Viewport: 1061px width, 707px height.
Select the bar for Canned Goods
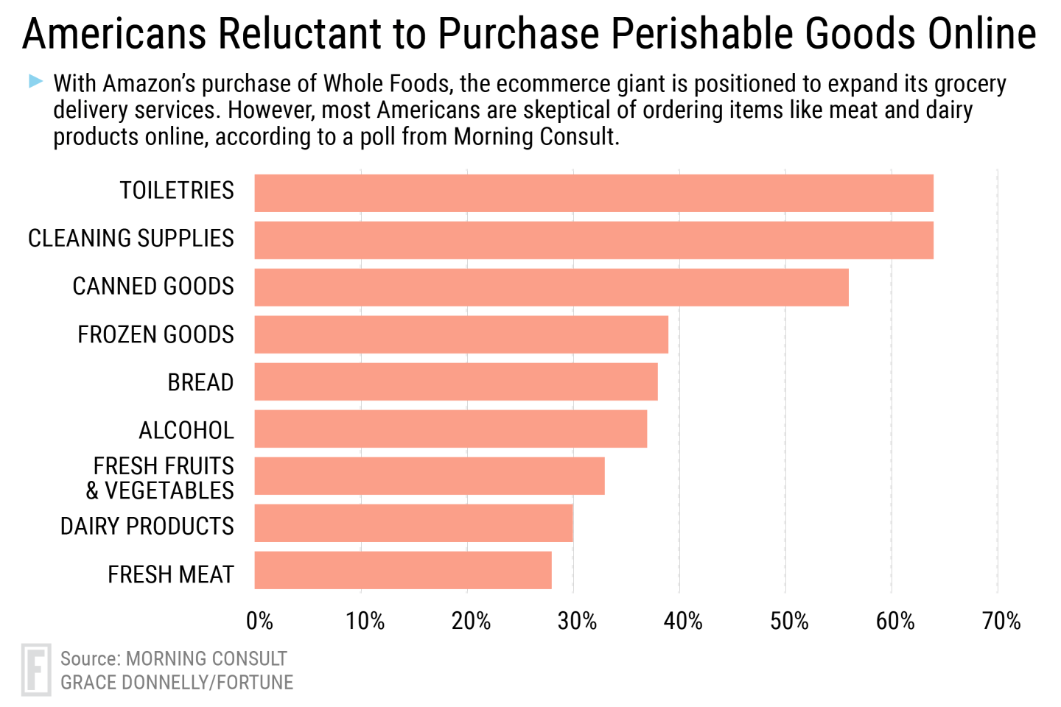point(551,287)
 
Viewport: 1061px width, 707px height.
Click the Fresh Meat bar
point(403,570)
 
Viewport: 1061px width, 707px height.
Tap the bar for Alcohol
point(451,429)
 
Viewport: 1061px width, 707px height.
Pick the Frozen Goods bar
point(461,334)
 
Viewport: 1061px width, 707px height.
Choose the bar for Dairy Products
point(413,523)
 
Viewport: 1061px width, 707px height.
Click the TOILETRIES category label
point(177,191)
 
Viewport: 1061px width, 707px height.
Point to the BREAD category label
point(200,383)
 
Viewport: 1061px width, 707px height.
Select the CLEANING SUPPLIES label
point(131,239)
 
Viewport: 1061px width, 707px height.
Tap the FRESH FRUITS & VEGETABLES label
point(161,478)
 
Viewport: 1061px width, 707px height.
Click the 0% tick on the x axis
point(259,622)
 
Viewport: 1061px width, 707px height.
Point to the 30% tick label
point(577,622)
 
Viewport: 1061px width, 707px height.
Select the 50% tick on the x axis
point(789,622)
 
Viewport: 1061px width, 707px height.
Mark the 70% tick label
point(1001,622)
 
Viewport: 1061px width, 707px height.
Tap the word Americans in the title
point(114,34)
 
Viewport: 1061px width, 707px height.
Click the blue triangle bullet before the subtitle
point(35,81)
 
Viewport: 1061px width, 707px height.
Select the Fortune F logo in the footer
point(36,669)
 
